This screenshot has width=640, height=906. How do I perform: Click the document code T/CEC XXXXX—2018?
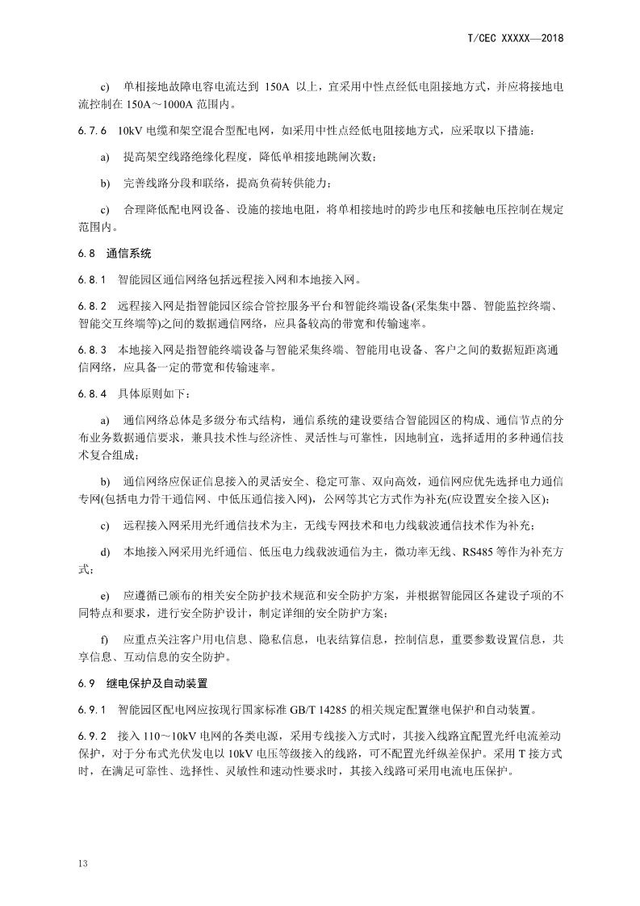click(x=515, y=38)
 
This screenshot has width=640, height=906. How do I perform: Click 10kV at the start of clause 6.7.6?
click(x=130, y=130)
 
